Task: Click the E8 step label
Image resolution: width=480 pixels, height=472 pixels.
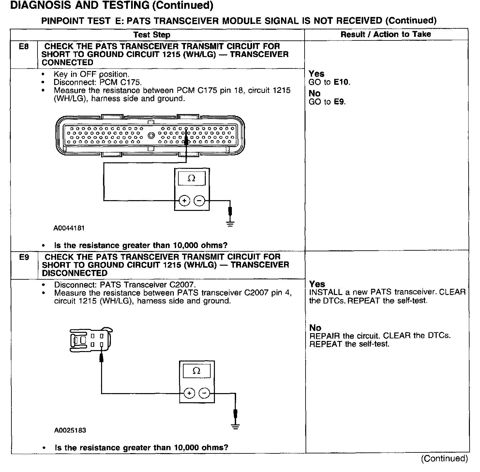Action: pyautogui.click(x=24, y=47)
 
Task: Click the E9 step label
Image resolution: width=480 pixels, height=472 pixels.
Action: pyautogui.click(x=24, y=257)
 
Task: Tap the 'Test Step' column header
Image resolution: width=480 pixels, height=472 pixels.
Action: pyautogui.click(x=152, y=35)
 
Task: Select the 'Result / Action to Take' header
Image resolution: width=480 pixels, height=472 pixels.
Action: pyautogui.click(x=386, y=34)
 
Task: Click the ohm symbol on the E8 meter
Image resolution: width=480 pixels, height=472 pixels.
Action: pyautogui.click(x=192, y=178)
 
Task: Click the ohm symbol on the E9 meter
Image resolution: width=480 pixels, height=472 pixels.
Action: pyautogui.click(x=196, y=371)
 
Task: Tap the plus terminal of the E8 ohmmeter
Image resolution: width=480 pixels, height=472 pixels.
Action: pyautogui.click(x=184, y=201)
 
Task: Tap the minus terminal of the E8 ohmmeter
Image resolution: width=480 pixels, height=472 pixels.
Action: pyautogui.click(x=200, y=201)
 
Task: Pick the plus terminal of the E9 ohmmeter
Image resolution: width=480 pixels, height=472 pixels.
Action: pyautogui.click(x=189, y=393)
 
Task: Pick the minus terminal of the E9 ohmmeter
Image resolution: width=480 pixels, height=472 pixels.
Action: pyautogui.click(x=204, y=393)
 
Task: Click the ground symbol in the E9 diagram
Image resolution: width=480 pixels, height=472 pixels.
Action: pyautogui.click(x=235, y=426)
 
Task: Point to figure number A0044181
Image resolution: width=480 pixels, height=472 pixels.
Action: pyautogui.click(x=69, y=228)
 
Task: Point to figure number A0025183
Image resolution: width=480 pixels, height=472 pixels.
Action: pyautogui.click(x=70, y=430)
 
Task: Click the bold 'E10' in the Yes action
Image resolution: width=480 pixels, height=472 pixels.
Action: pyautogui.click(x=341, y=82)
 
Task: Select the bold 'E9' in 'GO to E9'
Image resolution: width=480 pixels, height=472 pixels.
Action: pyautogui.click(x=339, y=102)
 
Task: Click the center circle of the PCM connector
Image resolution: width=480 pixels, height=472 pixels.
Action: pyautogui.click(x=151, y=136)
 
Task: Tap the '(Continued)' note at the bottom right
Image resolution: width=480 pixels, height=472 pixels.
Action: pyautogui.click(x=444, y=459)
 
